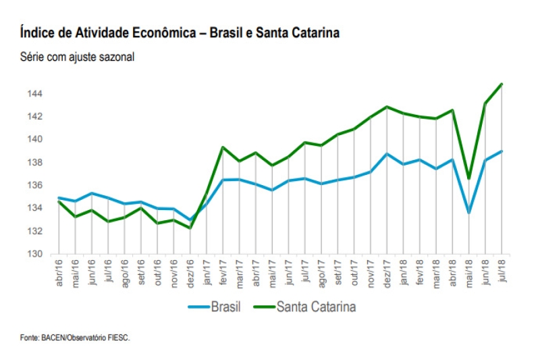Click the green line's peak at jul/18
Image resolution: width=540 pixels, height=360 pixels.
[502, 84]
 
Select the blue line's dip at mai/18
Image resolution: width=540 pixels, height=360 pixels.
[469, 213]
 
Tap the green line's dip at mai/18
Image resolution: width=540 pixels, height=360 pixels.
[469, 178]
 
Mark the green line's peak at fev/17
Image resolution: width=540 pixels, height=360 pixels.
[223, 147]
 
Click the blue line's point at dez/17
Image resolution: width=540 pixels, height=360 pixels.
[387, 153]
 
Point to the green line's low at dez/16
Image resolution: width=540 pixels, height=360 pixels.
[190, 228]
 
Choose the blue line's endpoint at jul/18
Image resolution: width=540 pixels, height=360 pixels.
[502, 151]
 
